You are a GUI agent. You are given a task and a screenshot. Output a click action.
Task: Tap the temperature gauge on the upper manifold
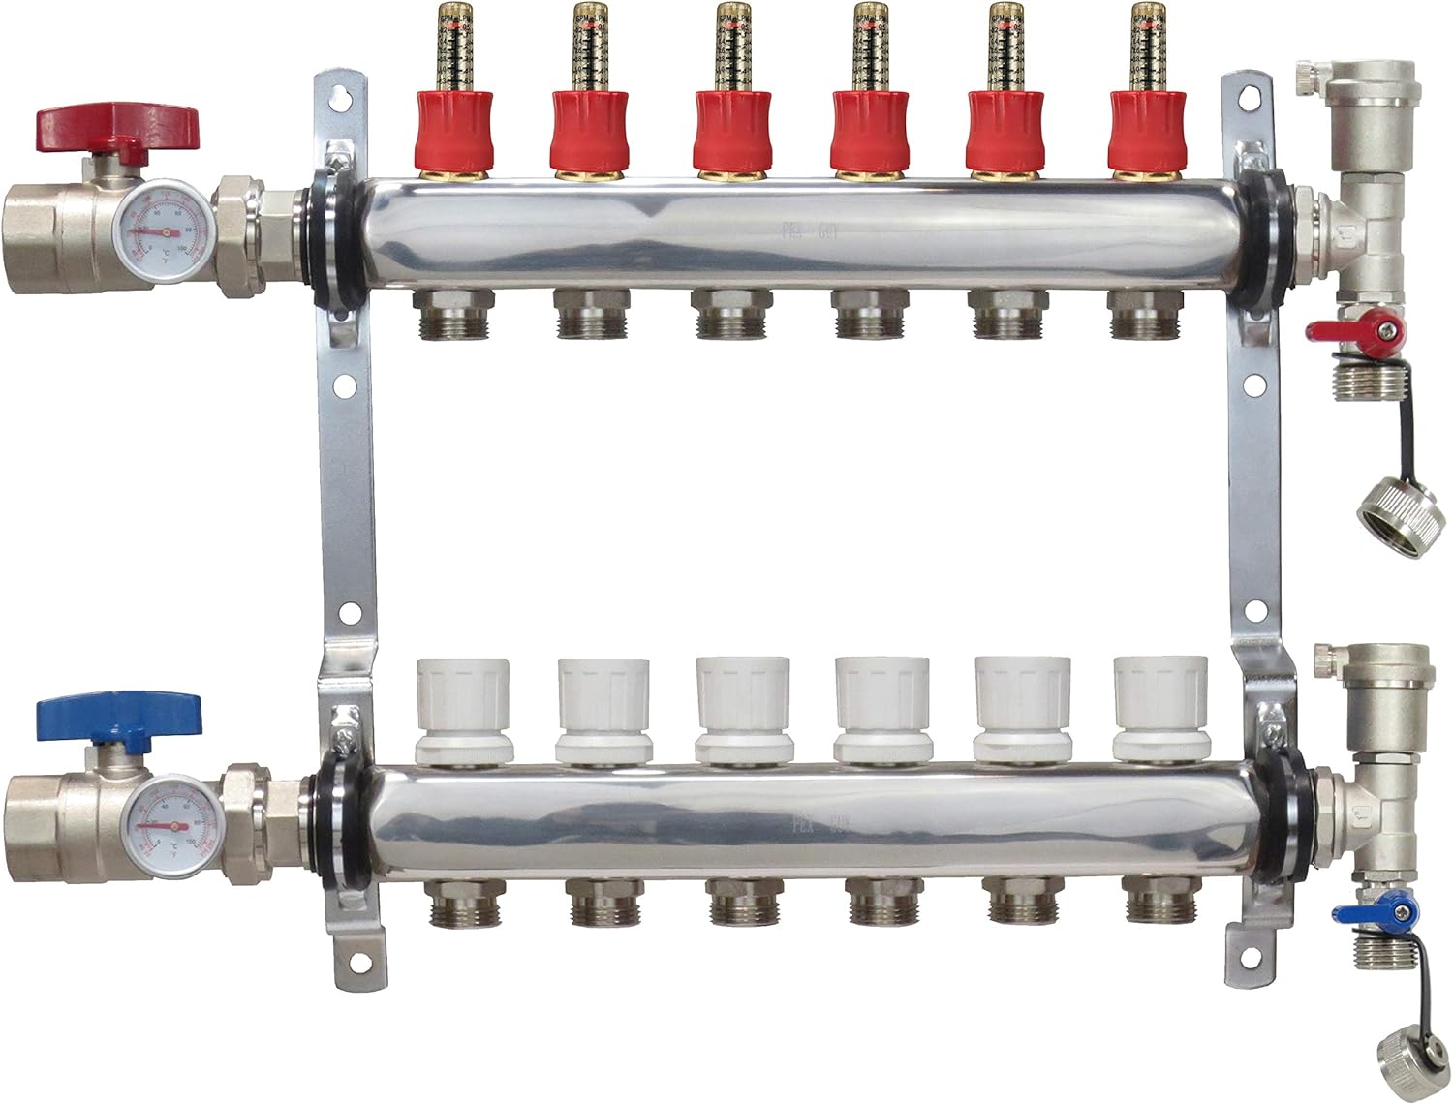(163, 232)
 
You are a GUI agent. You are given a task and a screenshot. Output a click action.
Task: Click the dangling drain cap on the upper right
(1393, 505)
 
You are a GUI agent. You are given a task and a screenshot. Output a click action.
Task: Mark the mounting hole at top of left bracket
(340, 98)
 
